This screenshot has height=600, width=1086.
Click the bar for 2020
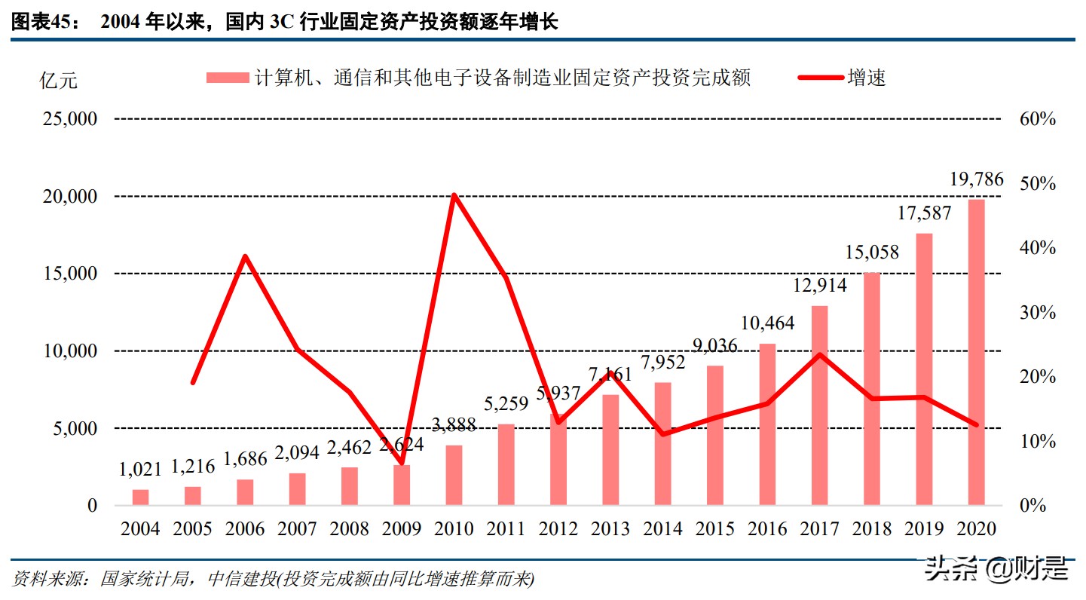[976, 352]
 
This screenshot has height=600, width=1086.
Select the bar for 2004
[141, 497]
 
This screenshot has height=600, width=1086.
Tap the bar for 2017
[820, 405]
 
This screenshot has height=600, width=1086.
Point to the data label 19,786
[976, 179]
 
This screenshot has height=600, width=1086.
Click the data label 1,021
[141, 470]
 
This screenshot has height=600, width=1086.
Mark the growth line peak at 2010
[454, 195]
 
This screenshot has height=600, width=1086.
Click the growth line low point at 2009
[402, 462]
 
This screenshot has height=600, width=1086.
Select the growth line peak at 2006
[245, 256]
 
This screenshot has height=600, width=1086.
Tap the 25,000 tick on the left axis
[69, 119]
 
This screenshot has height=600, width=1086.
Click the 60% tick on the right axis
[1039, 119]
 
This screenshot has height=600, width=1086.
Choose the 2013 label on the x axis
[610, 529]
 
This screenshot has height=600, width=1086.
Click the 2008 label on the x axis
[349, 529]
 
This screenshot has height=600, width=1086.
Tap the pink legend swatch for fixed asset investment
[227, 77]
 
